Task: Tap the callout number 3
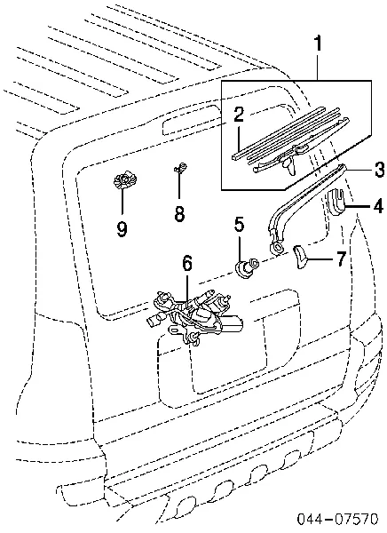click(379, 169)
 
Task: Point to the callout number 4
click(378, 205)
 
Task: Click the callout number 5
click(239, 225)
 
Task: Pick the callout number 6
click(187, 264)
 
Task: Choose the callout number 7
click(341, 259)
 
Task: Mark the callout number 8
click(179, 213)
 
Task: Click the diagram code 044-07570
click(337, 519)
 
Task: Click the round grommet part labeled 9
click(124, 180)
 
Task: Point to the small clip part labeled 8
click(181, 168)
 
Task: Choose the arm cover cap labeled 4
click(336, 203)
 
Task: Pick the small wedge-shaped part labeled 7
click(300, 257)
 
